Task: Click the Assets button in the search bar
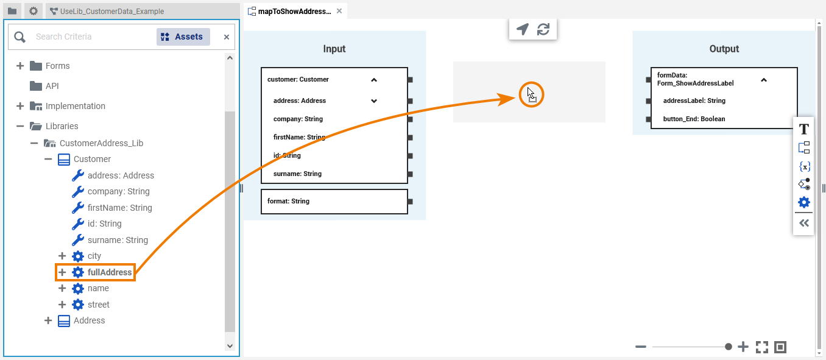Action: [x=183, y=37]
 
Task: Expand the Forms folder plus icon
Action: [x=20, y=66]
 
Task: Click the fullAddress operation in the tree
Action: [x=110, y=272]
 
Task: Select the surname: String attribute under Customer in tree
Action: [x=118, y=240]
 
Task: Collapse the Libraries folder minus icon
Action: [x=20, y=126]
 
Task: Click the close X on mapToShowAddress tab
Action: [x=339, y=11]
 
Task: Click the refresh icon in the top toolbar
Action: [x=543, y=29]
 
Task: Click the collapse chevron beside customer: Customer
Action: [x=374, y=80]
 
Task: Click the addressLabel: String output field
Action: [x=694, y=101]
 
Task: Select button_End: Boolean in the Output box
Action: [x=694, y=119]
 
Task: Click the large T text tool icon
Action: [x=804, y=130]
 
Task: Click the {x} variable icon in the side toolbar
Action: [x=804, y=167]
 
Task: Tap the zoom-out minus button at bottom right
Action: [x=641, y=347]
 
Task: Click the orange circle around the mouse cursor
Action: [x=531, y=82]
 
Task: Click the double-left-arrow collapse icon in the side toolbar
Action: [x=804, y=223]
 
